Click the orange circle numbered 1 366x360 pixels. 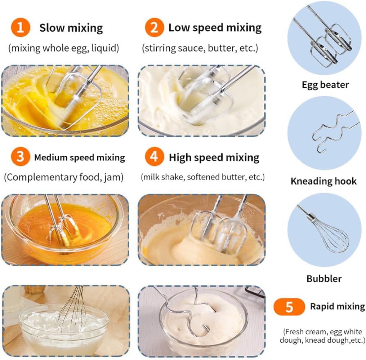click(21, 27)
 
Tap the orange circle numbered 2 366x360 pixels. click(154, 27)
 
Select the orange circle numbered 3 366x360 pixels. click(21, 156)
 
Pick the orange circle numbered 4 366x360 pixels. click(154, 156)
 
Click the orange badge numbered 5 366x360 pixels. click(289, 307)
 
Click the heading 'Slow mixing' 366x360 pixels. click(71, 28)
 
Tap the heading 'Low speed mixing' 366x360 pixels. click(215, 28)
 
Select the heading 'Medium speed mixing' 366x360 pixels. click(79, 157)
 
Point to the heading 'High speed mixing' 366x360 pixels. click(214, 157)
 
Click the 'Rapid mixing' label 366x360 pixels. click(337, 306)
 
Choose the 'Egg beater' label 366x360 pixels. click(325, 85)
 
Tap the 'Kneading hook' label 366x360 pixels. click(323, 181)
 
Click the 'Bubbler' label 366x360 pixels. click(324, 279)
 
